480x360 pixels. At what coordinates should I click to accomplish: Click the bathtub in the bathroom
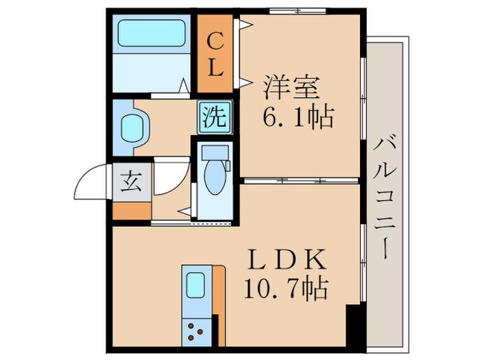(x=152, y=33)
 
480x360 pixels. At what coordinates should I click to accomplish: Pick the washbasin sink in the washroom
(x=131, y=128)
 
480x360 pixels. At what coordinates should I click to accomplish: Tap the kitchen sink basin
(x=196, y=283)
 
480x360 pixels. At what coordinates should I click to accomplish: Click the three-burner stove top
(x=197, y=331)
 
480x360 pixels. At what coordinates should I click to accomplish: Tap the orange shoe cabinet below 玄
(x=131, y=210)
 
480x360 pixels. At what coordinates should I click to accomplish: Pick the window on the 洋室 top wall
(x=298, y=10)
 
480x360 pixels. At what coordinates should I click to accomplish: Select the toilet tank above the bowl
(x=215, y=152)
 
